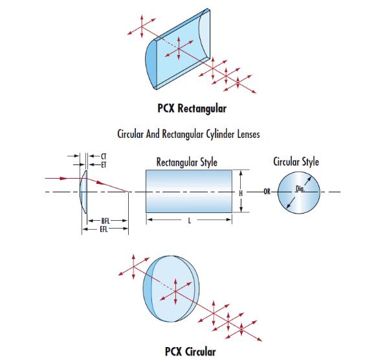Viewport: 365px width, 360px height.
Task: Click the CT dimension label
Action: (x=104, y=157)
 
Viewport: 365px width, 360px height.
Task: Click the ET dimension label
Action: (x=104, y=165)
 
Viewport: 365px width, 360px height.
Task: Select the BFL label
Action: (x=105, y=221)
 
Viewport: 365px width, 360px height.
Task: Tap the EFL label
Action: (x=104, y=229)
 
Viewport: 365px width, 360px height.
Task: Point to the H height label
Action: (x=241, y=193)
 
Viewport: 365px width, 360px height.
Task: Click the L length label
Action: (x=190, y=221)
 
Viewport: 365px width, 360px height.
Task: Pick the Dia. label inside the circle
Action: (x=300, y=188)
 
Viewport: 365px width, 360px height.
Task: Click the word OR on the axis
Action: (x=267, y=192)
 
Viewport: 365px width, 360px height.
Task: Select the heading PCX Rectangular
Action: (x=192, y=109)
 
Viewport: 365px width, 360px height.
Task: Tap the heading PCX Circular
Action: (x=190, y=352)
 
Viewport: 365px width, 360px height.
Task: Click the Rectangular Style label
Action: (x=186, y=163)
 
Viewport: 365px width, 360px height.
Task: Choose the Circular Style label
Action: (x=296, y=162)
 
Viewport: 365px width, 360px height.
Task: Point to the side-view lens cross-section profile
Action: (x=83, y=192)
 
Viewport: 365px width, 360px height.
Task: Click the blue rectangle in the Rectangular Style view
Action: (x=189, y=191)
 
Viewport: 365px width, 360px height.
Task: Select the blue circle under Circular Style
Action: (x=299, y=192)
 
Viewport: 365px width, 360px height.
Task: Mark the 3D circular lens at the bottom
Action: (x=171, y=289)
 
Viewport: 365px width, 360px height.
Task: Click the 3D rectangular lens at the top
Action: (x=178, y=49)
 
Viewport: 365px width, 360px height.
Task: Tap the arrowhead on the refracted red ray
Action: (x=100, y=183)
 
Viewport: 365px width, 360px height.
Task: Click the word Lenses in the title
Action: (x=249, y=135)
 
